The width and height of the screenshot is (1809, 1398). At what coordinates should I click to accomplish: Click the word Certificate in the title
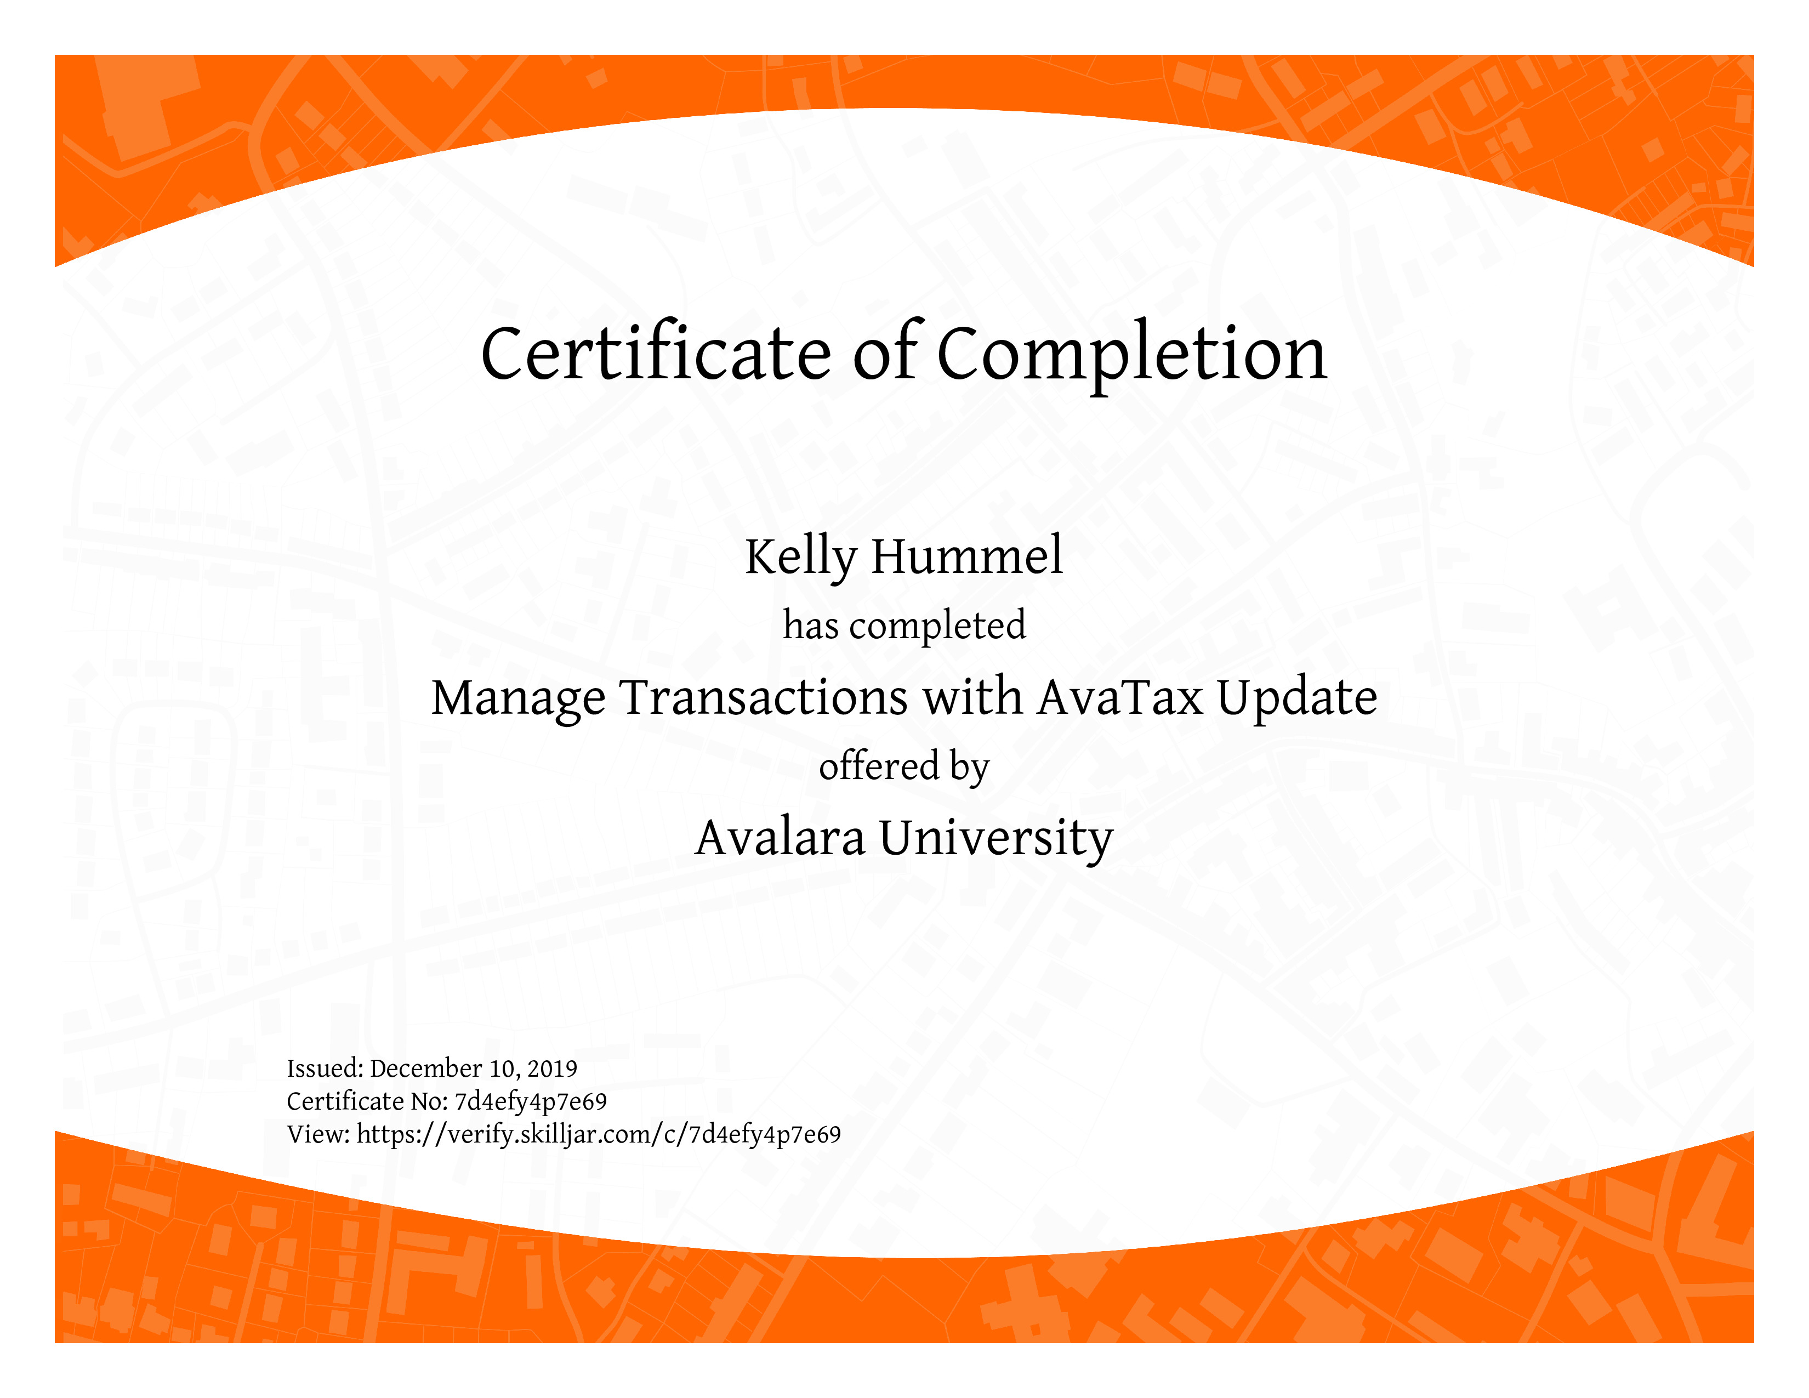coord(656,354)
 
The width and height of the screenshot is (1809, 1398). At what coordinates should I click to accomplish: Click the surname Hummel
coord(966,556)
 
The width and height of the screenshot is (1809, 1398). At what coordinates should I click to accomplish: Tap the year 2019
coord(553,1069)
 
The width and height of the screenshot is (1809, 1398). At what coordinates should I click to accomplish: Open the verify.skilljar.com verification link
coord(599,1135)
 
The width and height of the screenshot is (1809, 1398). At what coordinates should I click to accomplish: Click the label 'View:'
coord(319,1135)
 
